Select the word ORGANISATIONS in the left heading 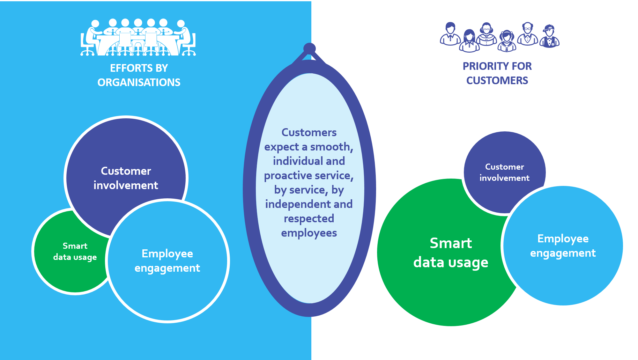point(139,83)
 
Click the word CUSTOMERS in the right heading point(497,81)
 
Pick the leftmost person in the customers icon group point(450,34)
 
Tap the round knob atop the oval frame point(309,48)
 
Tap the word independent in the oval point(293,204)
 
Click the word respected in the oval point(309,219)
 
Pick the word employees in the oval point(309,233)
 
